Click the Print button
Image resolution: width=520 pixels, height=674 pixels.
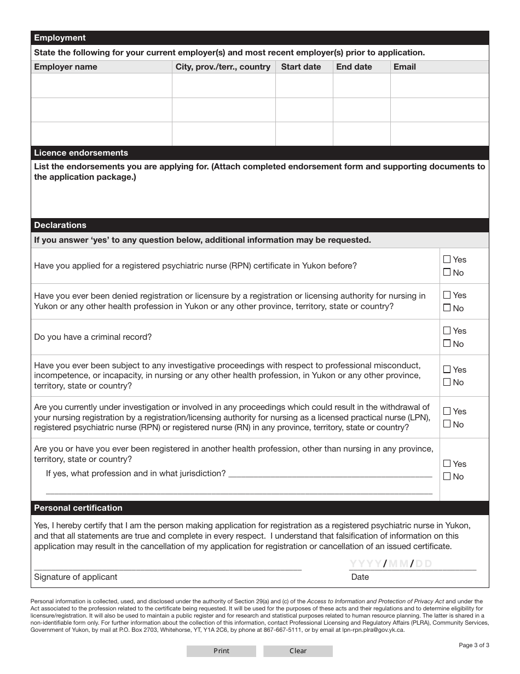[x=221, y=651]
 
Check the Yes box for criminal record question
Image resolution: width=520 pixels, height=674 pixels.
[x=447, y=330]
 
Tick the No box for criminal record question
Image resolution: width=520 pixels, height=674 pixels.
[x=447, y=344]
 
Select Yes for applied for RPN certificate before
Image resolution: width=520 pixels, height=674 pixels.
[x=447, y=259]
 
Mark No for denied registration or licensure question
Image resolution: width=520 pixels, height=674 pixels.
[x=447, y=308]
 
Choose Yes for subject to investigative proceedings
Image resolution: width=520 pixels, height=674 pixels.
[x=447, y=369]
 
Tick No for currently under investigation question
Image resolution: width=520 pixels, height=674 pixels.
[x=447, y=424]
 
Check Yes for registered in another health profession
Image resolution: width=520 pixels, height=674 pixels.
[x=447, y=464]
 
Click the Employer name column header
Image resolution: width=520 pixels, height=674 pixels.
[x=66, y=67]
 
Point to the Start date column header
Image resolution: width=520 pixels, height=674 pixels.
[x=301, y=67]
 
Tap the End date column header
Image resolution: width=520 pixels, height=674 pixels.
[x=354, y=67]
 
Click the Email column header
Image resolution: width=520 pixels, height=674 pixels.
[x=405, y=67]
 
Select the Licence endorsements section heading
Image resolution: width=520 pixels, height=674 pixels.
[x=81, y=153]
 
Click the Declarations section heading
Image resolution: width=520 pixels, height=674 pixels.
[x=60, y=225]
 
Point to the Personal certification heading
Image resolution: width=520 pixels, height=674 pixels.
[x=78, y=508]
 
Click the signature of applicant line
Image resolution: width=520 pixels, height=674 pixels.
[x=167, y=564]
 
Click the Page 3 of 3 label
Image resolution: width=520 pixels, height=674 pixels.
[x=473, y=645]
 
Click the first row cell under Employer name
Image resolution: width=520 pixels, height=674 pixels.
[x=101, y=85]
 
